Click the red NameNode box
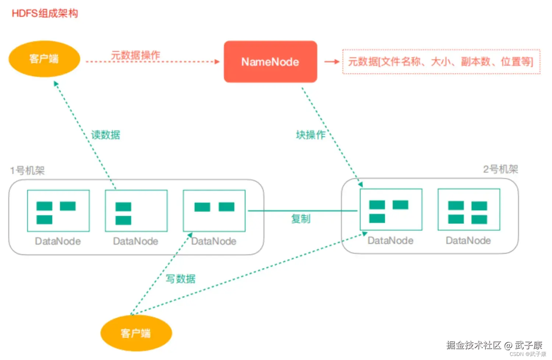pos(270,62)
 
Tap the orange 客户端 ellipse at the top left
pos(44,59)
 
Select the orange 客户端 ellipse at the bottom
pos(136,333)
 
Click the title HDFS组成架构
pos(45,14)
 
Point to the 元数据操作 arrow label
pos(135,55)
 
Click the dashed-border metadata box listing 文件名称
pos(441,61)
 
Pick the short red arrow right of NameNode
pos(331,62)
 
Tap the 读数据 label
pos(105,135)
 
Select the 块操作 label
pos(310,135)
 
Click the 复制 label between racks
pos(301,219)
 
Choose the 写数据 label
pos(180,279)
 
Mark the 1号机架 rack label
pos(28,171)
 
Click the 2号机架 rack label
pos(500,169)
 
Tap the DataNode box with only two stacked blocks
pos(136,211)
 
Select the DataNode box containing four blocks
pos(468,210)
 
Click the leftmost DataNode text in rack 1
pos(58,241)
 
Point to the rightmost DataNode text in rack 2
pos(468,240)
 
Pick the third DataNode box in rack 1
pos(214,211)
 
